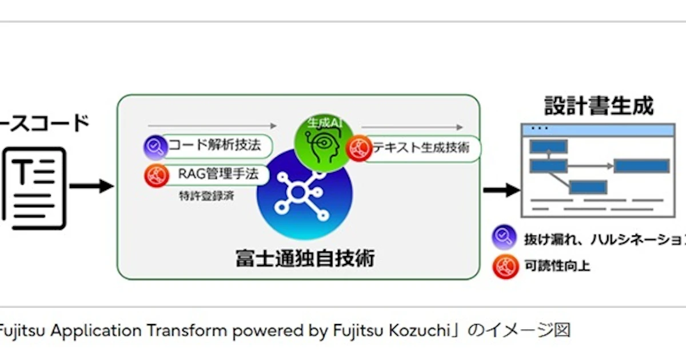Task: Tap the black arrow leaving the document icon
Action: tap(91, 186)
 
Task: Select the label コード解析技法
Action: tap(214, 145)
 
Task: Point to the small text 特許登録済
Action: tap(205, 197)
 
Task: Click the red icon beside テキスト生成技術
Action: tap(359, 149)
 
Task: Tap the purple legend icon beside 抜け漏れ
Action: tap(505, 237)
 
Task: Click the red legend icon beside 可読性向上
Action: tap(505, 266)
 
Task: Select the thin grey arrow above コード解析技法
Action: tap(212, 125)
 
